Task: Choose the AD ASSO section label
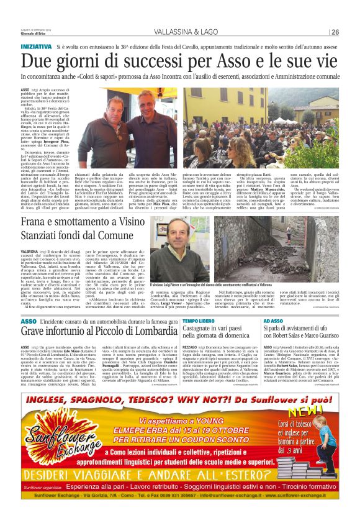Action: pos(272,321)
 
